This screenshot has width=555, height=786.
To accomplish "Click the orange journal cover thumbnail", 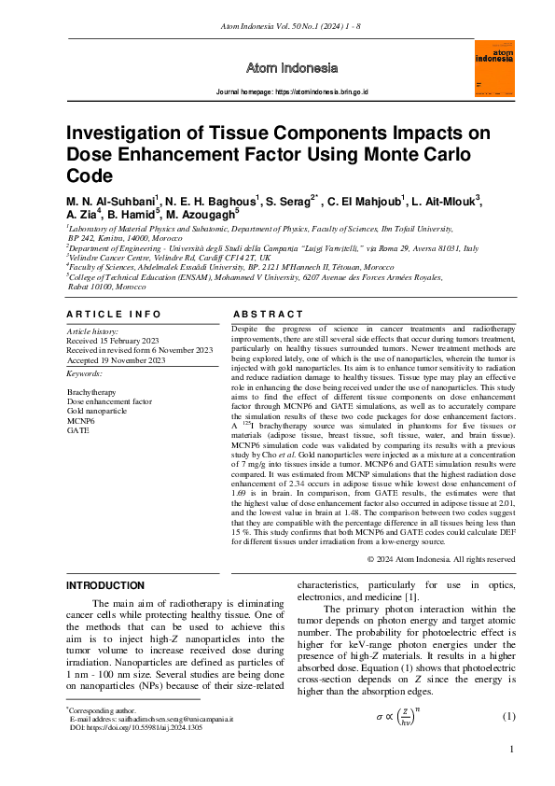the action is point(494,67).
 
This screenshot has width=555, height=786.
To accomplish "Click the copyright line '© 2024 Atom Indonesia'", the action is point(441,559).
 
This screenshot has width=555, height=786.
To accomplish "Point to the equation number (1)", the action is point(508,716).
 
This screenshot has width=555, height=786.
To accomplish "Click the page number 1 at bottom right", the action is point(512,750).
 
